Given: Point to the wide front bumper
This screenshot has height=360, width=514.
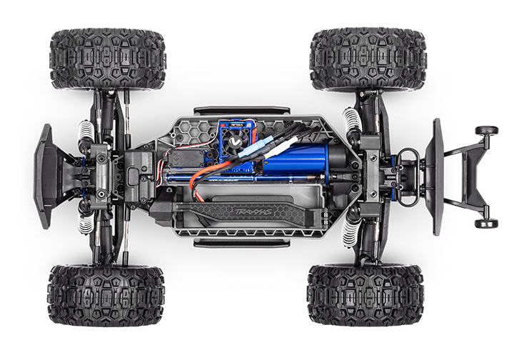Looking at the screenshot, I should coord(44,176).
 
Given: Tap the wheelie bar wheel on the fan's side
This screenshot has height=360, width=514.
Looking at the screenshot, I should coord(487,131).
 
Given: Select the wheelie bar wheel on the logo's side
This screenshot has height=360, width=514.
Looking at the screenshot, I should coord(487,223).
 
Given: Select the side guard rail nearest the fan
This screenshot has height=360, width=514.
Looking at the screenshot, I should coord(242,111).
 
